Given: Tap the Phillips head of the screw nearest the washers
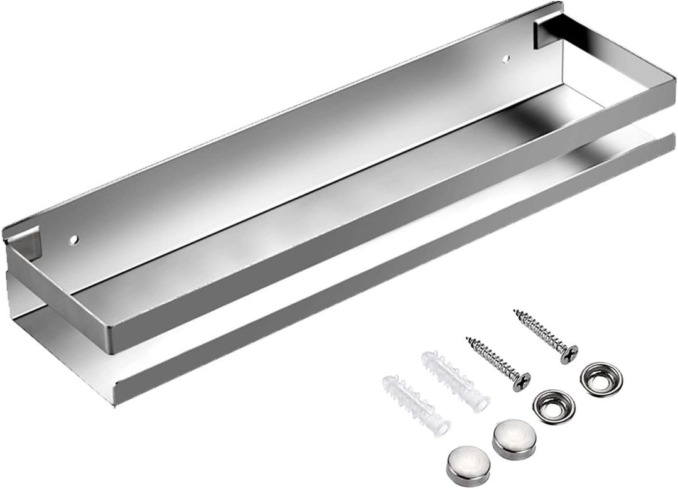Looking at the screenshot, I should (x=569, y=353).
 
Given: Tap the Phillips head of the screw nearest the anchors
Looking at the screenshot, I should (x=521, y=381).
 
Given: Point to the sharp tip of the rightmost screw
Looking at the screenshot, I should (x=515, y=311).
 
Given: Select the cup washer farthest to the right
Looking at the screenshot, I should (x=601, y=379).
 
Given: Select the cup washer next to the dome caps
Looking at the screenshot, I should (x=553, y=406).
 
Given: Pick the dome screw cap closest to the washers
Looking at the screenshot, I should (x=512, y=438).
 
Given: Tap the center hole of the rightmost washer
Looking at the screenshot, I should (x=601, y=379).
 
